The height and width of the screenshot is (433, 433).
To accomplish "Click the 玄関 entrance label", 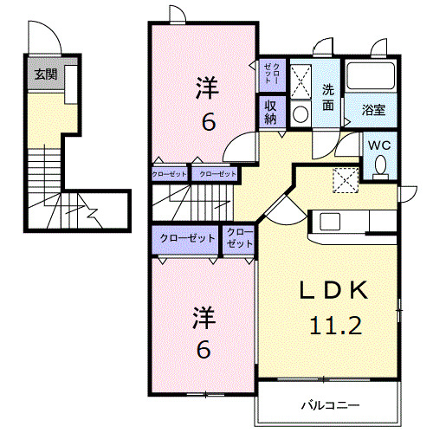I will coord(46,74).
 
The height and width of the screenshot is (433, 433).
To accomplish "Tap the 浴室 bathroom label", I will coord(373,110).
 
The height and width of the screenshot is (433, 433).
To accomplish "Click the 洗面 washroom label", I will coord(329,97).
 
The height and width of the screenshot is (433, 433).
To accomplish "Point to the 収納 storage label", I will coord(270,113).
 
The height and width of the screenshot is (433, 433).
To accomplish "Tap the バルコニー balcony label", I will coord(330,404).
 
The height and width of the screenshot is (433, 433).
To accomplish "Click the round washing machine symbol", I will coord(300,113).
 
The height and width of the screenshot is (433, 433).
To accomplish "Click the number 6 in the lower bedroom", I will coord(203,349).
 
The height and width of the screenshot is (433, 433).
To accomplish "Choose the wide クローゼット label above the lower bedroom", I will coord(187,236).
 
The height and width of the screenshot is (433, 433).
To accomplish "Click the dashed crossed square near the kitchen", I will coord(346,178).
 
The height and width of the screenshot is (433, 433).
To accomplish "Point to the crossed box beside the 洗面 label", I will coord(302,81).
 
